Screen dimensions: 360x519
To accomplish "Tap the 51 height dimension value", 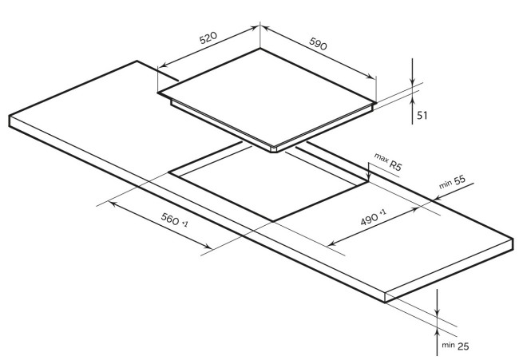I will point(422,115).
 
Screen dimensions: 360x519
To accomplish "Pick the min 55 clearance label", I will point(452,184).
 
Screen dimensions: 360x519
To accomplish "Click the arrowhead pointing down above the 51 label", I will point(412,82).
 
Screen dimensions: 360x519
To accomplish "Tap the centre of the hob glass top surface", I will point(267,96).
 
